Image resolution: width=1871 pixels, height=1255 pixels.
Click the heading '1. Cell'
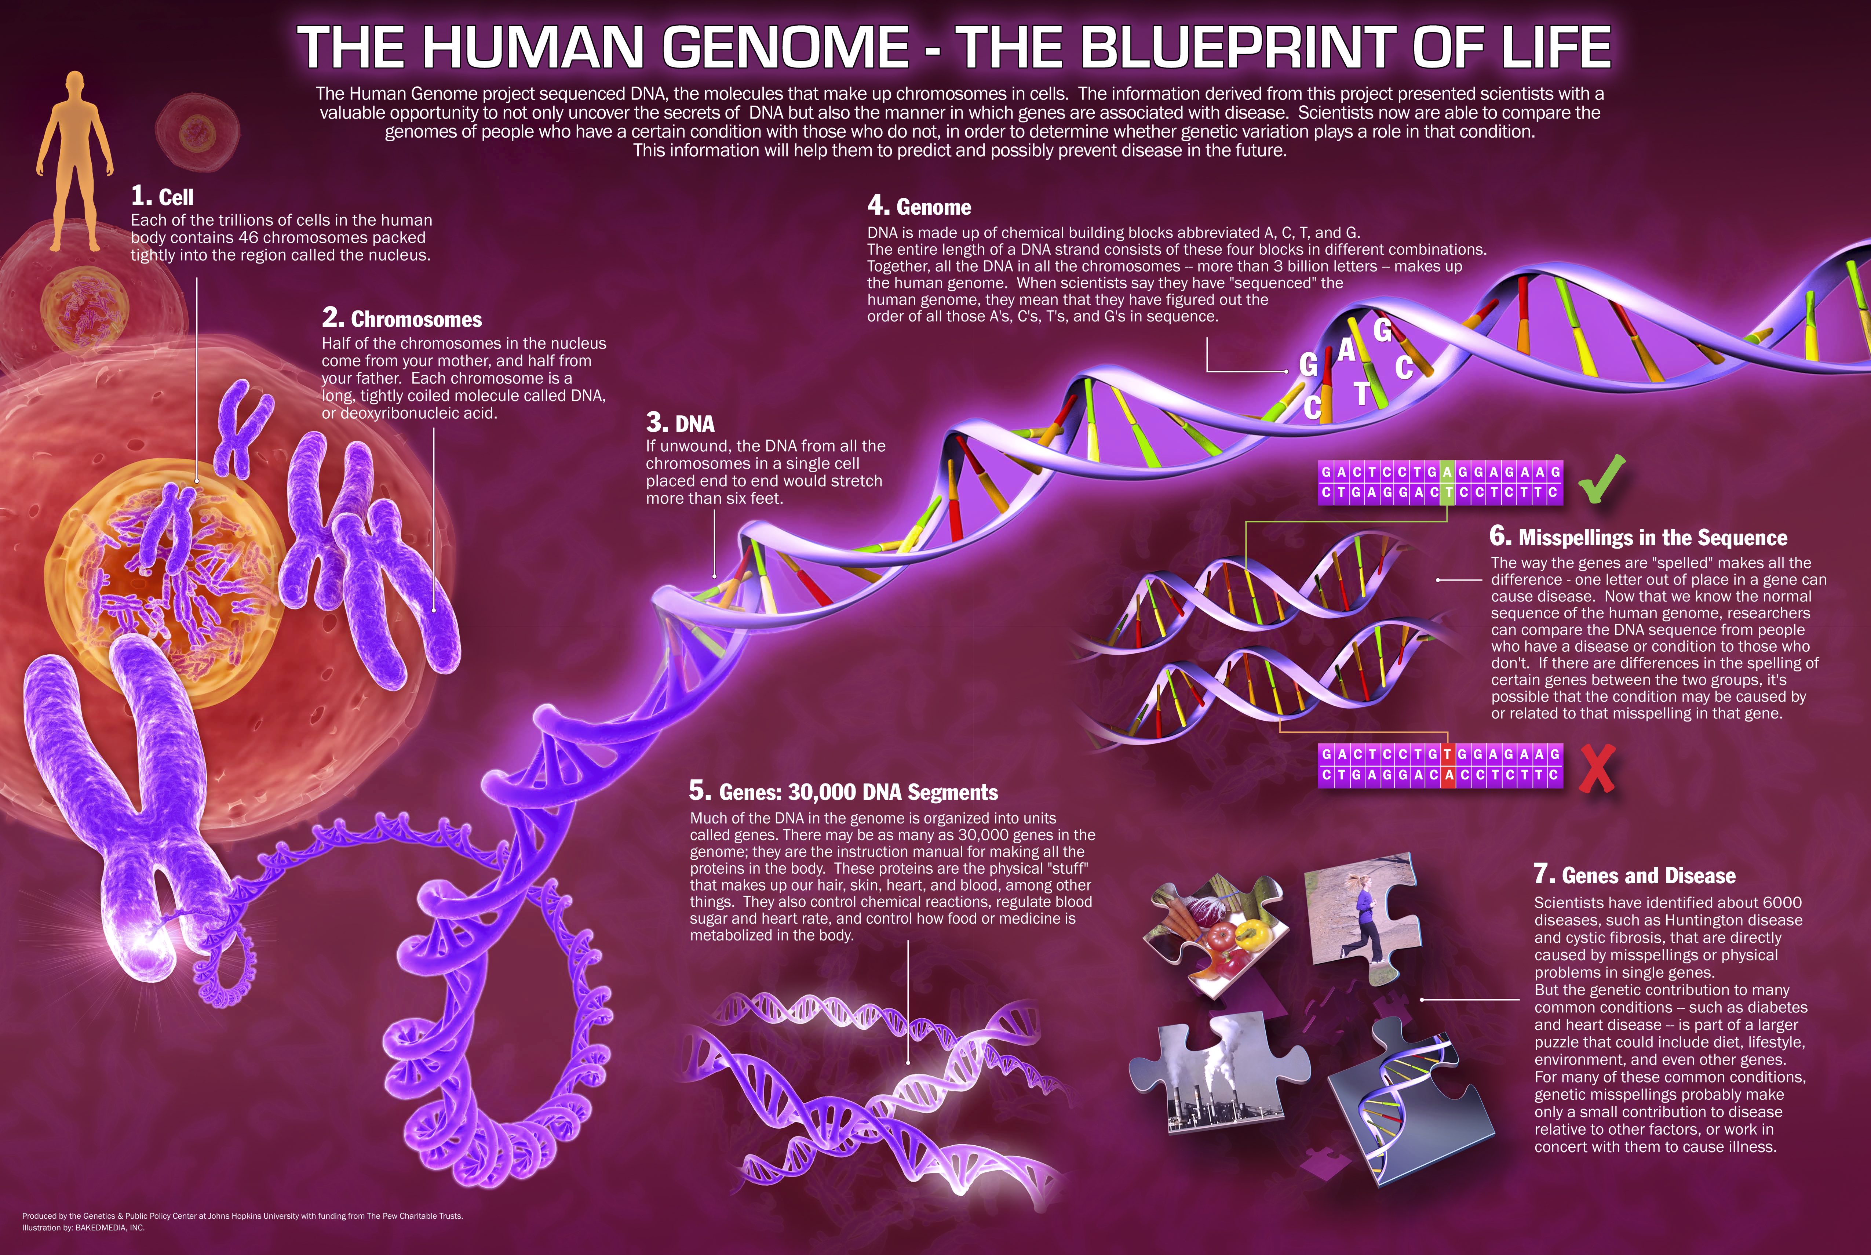point(163,196)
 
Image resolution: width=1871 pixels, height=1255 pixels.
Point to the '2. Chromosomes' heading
point(402,319)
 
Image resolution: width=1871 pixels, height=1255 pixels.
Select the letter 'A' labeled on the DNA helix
point(1347,350)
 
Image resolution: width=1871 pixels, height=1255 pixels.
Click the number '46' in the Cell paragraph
point(249,238)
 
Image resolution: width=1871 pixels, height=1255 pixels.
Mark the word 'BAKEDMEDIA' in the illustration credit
point(101,1227)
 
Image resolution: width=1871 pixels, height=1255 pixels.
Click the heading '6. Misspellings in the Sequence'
point(1638,537)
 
